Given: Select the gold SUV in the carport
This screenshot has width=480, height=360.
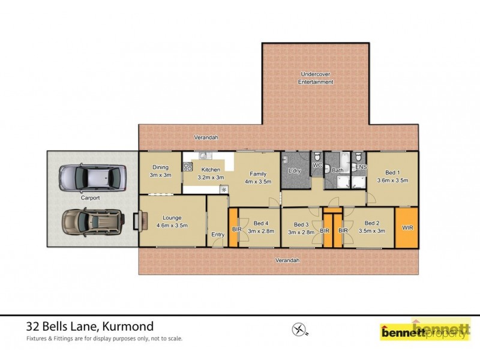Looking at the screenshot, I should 93,223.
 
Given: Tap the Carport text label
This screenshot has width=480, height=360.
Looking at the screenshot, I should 90,197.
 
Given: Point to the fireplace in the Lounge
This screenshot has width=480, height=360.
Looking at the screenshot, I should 137,221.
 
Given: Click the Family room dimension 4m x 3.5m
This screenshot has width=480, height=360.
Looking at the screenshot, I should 258,181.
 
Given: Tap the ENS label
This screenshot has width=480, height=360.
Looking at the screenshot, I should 361,167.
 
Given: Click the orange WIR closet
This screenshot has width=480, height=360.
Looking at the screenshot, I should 406,227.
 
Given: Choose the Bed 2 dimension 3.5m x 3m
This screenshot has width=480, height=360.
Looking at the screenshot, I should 372,230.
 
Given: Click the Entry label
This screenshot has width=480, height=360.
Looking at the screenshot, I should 217,234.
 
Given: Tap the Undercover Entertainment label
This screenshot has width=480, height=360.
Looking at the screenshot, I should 316,78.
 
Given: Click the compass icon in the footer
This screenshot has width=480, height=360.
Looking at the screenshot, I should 299,329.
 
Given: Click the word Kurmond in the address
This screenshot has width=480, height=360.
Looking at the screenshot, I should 128,327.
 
